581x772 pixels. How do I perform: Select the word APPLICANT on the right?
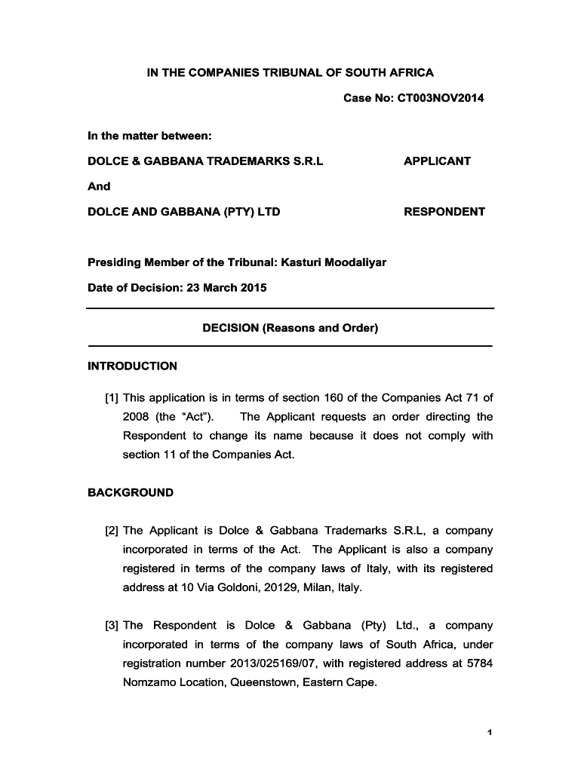[x=437, y=161]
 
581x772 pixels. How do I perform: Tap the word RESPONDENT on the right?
[x=444, y=212]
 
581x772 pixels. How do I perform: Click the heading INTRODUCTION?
[x=133, y=366]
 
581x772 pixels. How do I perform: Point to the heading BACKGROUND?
[x=131, y=492]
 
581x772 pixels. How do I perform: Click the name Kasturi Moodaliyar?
[x=334, y=262]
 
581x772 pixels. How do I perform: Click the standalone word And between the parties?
[x=99, y=186]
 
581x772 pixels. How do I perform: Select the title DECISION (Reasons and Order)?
[x=290, y=328]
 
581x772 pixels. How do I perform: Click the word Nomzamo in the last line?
[x=149, y=682]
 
